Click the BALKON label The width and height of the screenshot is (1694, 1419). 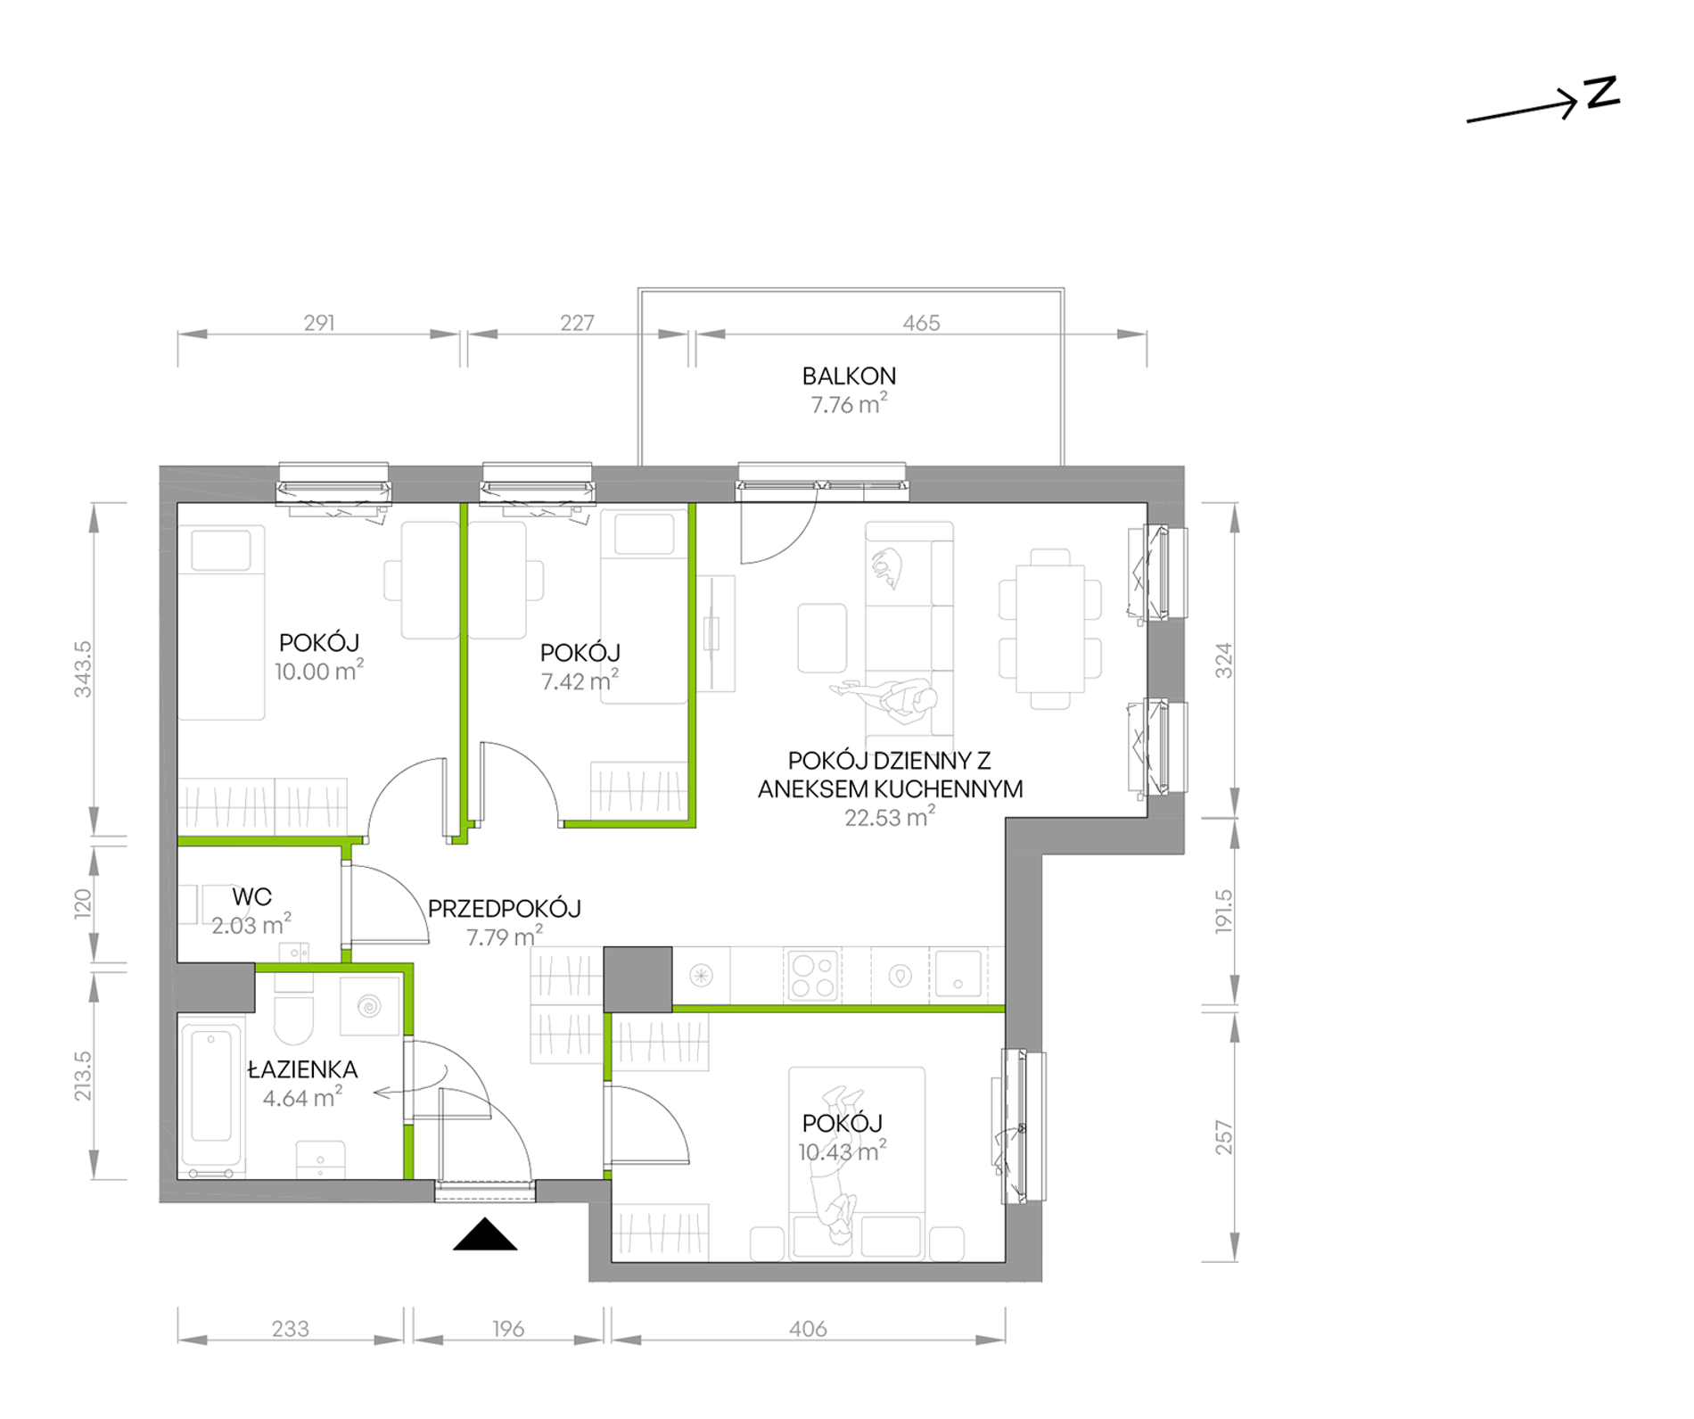849,376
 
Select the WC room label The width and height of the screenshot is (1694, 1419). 251,896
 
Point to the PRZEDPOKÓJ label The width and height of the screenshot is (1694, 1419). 505,908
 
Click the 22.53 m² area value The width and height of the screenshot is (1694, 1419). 890,817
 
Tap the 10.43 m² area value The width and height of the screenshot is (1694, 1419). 842,1151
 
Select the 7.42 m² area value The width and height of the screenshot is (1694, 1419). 580,681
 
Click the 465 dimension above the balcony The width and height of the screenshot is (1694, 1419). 921,323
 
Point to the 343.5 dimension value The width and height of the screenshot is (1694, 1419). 83,669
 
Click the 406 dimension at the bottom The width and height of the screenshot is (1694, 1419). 808,1329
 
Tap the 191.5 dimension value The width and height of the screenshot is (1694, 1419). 1223,911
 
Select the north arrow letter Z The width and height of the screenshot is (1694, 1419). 1601,94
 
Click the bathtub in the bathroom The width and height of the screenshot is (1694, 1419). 211,1097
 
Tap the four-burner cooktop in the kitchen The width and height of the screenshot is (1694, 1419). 811,975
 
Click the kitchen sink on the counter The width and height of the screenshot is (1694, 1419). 958,972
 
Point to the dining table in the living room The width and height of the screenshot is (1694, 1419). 1050,628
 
